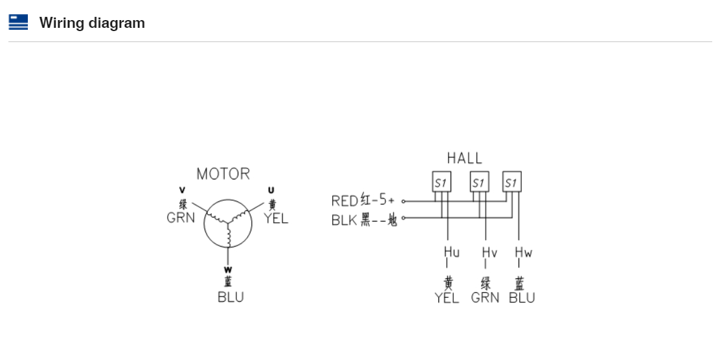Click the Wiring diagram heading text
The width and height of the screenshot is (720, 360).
tap(92, 23)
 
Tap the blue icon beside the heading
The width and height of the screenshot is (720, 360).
tap(18, 23)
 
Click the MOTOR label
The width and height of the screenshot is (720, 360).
tap(223, 174)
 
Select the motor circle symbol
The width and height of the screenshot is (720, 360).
tap(228, 223)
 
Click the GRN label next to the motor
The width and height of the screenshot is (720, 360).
tap(181, 218)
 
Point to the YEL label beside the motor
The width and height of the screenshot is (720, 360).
tap(276, 219)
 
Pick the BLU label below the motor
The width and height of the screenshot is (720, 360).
tap(231, 298)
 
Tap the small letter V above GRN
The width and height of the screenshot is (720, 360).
tap(182, 190)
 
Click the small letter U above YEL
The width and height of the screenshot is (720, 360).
tap(271, 190)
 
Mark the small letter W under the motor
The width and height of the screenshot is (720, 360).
tap(228, 269)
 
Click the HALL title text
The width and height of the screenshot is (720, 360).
tap(464, 158)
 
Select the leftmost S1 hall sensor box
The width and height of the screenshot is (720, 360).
tap(442, 183)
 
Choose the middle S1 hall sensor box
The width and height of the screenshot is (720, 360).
tap(479, 183)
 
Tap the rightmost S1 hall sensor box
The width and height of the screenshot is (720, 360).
tap(512, 183)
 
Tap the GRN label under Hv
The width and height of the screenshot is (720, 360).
tap(485, 298)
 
